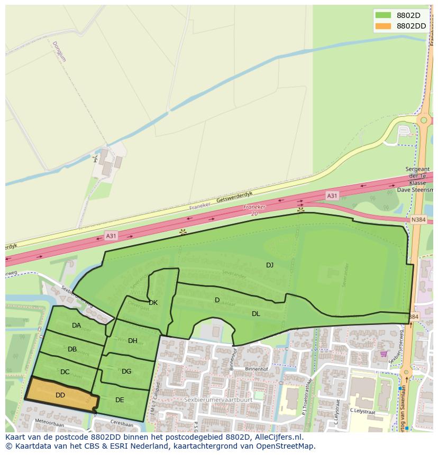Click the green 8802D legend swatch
[383, 15]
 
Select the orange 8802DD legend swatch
[383, 26]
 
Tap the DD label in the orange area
[60, 395]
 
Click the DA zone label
[77, 326]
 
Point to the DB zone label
[72, 349]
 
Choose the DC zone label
[65, 372]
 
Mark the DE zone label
[120, 400]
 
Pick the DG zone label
[126, 372]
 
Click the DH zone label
[133, 341]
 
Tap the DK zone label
[153, 303]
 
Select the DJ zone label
[270, 265]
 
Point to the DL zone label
[256, 313]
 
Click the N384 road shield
[418, 219]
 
